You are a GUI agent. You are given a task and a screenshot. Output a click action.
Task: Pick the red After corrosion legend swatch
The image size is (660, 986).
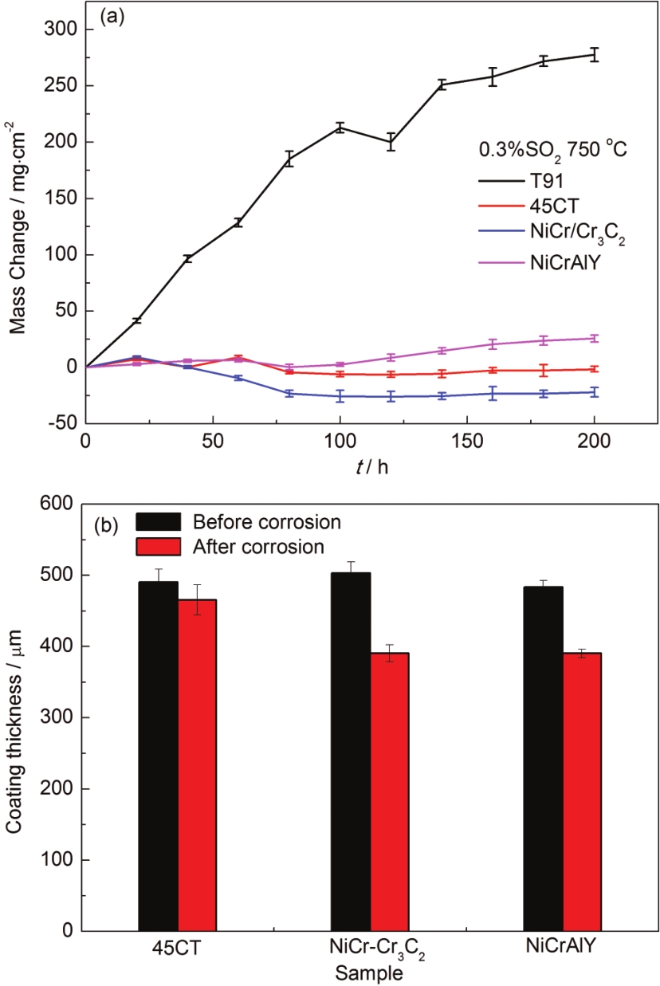point(158,547)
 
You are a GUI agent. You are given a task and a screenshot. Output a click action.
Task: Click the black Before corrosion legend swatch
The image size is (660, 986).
point(158,523)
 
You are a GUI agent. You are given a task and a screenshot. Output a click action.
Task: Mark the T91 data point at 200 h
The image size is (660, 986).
point(594,55)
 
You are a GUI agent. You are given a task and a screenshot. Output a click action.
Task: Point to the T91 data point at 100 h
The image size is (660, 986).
point(340,128)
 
